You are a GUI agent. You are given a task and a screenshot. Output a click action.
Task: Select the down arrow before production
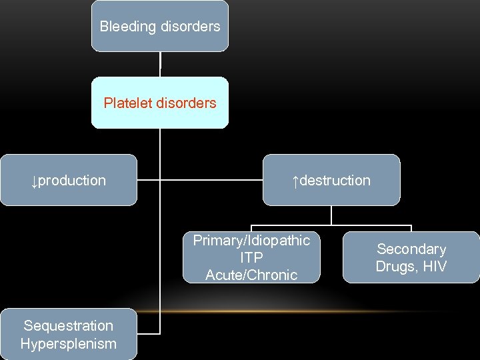34,181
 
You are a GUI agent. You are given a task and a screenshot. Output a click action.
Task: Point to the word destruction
335,181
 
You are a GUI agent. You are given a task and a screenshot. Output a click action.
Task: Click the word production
72,181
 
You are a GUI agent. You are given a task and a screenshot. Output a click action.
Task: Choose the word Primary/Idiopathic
251,241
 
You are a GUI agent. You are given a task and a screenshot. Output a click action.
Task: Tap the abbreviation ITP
251,257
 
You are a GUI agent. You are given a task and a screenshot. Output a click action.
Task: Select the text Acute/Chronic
251,275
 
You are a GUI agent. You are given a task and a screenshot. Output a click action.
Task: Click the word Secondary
411,249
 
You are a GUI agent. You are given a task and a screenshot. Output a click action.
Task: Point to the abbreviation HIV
433,267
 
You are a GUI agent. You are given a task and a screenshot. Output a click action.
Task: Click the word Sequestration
68,326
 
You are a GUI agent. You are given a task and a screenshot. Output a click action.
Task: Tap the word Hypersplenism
68,344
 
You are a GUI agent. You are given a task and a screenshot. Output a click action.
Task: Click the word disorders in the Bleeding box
189,27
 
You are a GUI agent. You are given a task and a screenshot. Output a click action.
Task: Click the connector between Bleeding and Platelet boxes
160,64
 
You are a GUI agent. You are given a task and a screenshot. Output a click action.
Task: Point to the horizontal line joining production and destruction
200,180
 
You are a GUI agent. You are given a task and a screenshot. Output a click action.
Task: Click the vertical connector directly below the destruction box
331,215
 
